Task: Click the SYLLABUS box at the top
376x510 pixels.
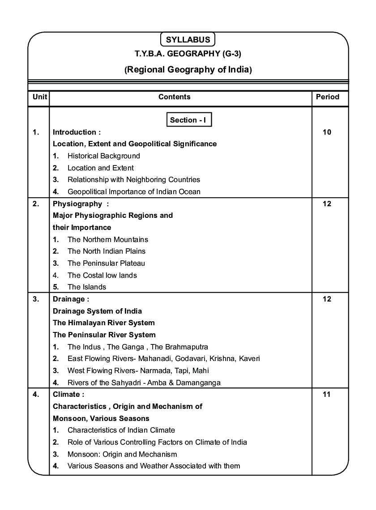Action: pos(188,39)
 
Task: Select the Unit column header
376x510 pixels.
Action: pos(38,97)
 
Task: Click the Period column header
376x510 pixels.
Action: pos(327,97)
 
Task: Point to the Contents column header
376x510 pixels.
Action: pos(175,97)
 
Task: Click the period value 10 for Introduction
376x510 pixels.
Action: pos(327,132)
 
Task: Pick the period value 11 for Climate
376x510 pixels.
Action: pos(327,394)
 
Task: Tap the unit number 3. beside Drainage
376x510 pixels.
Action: pos(36,299)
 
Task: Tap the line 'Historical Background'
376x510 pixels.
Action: pos(103,156)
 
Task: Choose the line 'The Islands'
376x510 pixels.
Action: pos(86,287)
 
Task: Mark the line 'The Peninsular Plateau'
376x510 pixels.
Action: pos(106,263)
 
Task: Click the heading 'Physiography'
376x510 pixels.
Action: pos(77,204)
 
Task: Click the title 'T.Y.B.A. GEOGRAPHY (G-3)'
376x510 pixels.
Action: pos(188,54)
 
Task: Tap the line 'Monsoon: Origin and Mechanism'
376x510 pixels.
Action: pos(122,454)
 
